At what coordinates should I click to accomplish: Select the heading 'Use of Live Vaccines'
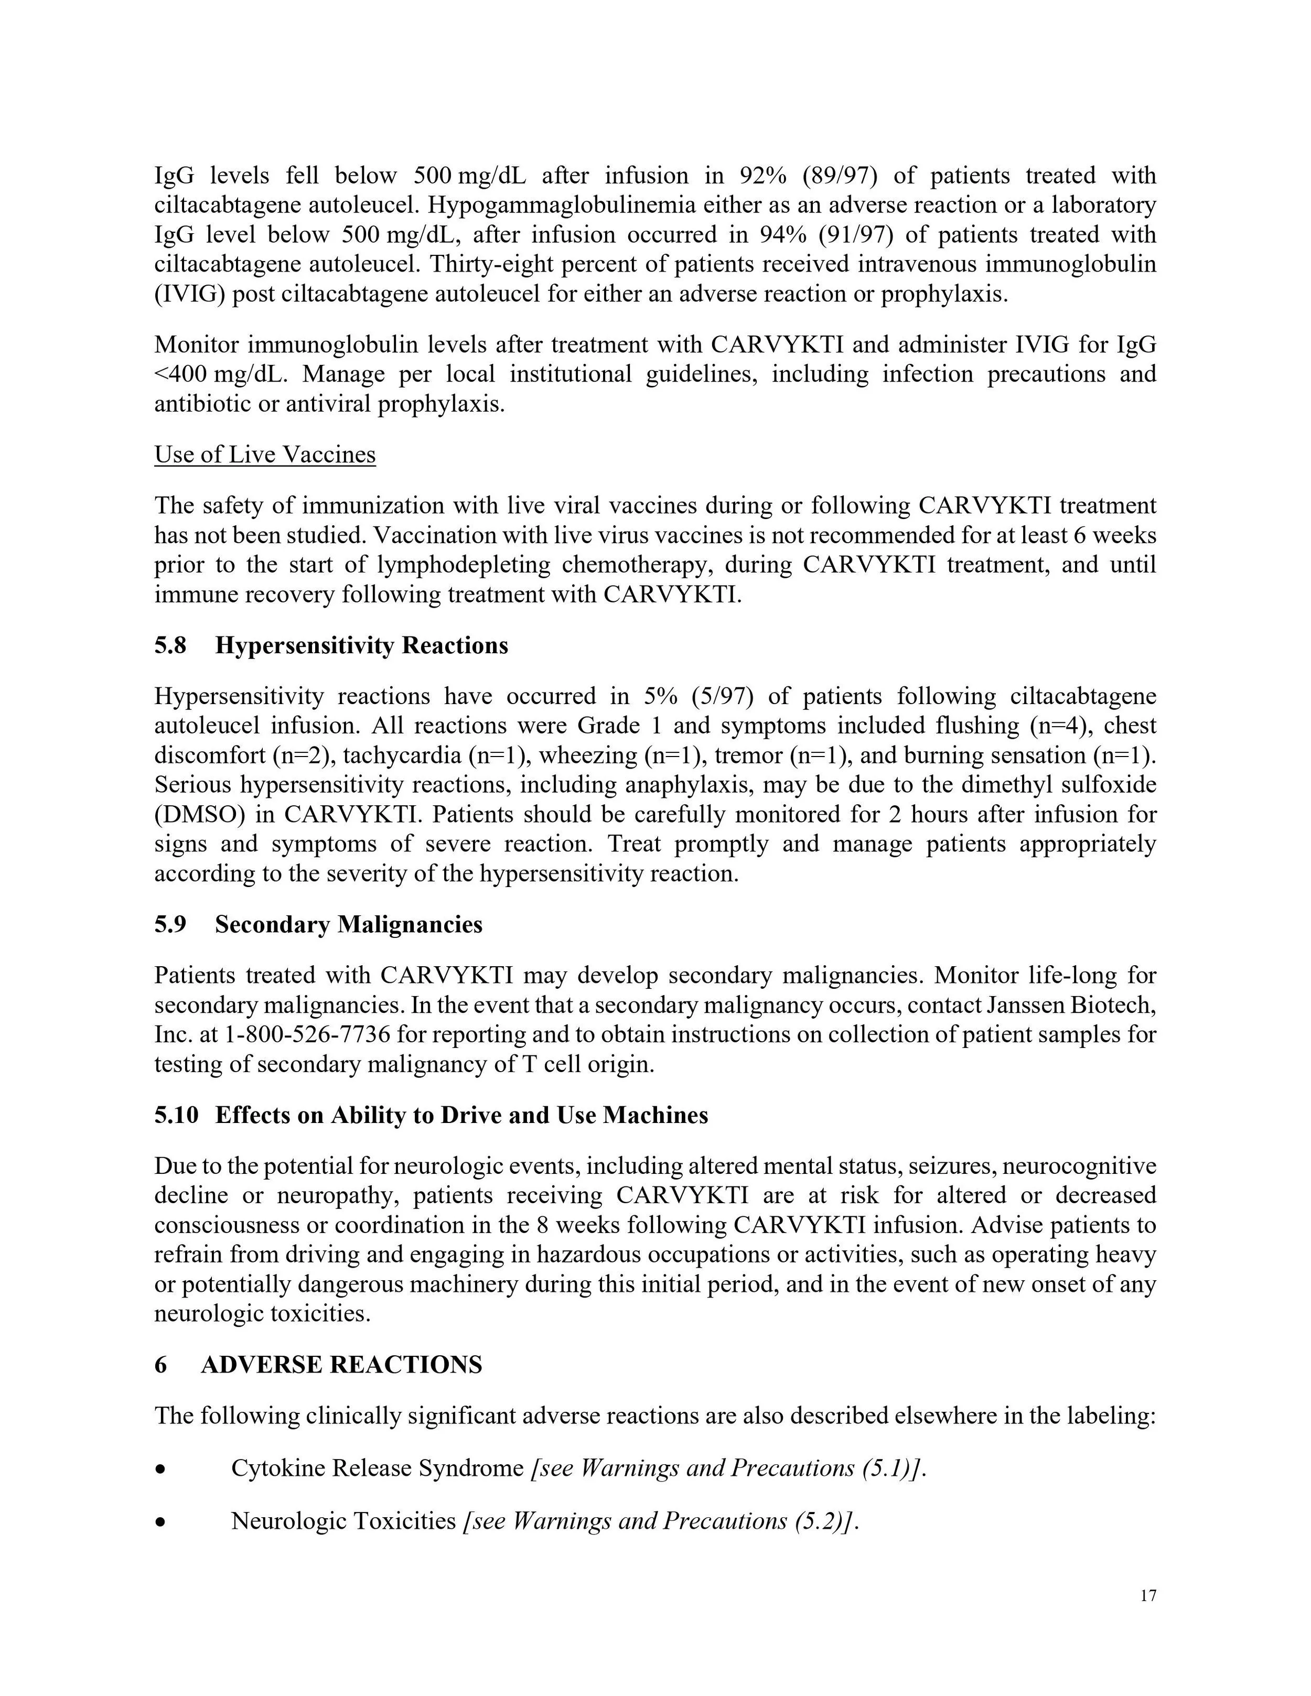tap(265, 455)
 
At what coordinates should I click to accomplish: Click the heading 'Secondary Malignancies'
tap(349, 924)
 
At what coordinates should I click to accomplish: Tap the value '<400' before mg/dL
tap(180, 374)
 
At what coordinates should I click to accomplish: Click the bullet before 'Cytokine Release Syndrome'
tap(161, 1469)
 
